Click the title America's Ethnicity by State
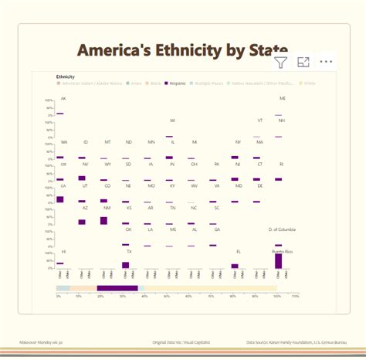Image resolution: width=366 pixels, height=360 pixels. (x=183, y=50)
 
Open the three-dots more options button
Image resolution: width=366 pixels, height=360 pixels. (x=326, y=62)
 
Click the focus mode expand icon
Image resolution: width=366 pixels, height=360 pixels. (x=303, y=62)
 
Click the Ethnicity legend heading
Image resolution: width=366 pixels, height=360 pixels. (x=66, y=76)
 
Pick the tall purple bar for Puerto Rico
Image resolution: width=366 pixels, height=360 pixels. (x=279, y=261)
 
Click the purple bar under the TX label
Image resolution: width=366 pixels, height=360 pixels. (x=126, y=265)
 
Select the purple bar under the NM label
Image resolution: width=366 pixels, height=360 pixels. (x=104, y=221)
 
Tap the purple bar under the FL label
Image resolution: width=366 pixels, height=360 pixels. (x=235, y=266)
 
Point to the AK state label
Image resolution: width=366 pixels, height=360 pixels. (x=63, y=99)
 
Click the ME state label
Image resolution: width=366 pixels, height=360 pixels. (x=282, y=99)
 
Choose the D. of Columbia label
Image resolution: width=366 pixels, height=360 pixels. (x=282, y=229)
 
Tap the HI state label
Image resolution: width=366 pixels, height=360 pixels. (x=63, y=252)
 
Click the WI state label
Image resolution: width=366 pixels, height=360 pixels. (x=171, y=121)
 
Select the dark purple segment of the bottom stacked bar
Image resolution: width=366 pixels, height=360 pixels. (x=117, y=288)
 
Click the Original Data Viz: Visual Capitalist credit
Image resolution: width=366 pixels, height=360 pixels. (x=182, y=341)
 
